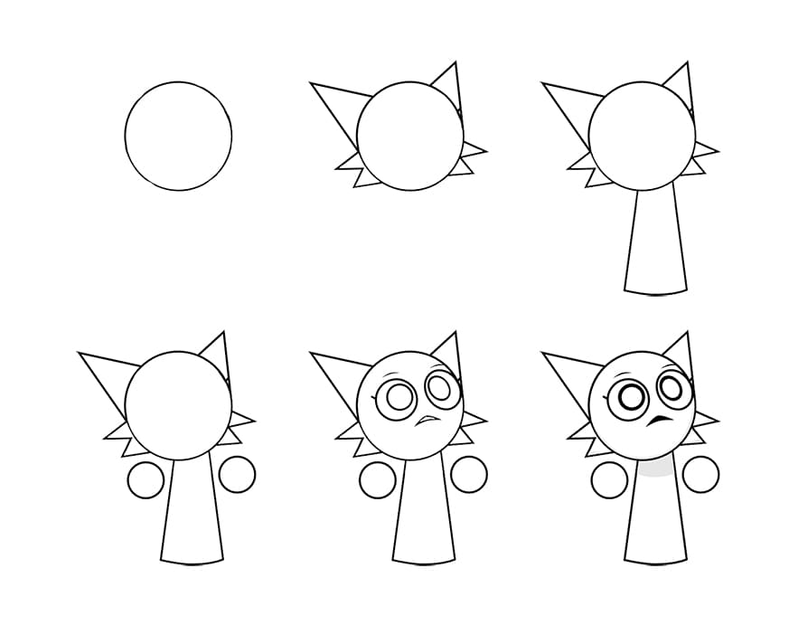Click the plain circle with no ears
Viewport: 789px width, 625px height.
tap(178, 136)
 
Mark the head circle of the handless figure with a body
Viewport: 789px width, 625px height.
tap(642, 136)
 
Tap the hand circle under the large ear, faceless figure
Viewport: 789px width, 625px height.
tap(146, 480)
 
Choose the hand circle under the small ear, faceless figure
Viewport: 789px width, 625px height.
tap(238, 475)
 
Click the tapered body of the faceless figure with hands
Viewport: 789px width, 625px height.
tap(192, 512)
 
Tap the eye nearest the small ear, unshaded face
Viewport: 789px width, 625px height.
tap(441, 387)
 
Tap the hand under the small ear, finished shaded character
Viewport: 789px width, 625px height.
tap(701, 474)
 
